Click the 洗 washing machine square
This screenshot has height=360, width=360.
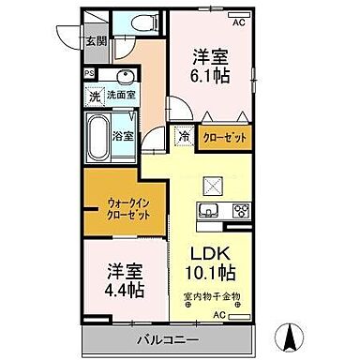tap(95, 95)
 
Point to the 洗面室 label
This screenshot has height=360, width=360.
tap(120, 95)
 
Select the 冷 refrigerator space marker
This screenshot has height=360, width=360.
tap(184, 136)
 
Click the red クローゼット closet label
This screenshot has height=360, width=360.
tap(225, 136)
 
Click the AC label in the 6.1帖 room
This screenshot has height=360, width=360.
tap(238, 21)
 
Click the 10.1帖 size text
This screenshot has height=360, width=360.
tap(211, 277)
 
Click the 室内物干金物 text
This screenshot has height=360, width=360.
tap(211, 298)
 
